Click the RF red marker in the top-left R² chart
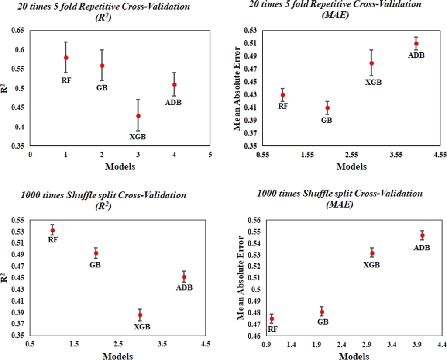coord(66,58)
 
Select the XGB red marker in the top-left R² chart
coord(138,116)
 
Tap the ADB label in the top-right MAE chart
coord(416,55)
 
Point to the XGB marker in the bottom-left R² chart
coord(140,315)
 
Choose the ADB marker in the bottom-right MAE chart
coord(422,235)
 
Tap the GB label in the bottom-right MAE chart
coord(322,322)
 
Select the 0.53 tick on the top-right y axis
coord(251,31)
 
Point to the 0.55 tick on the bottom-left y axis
coord(18,220)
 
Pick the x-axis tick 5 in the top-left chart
coord(210,154)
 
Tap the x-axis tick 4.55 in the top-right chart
coord(440,154)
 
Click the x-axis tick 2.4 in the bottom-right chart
coord(342,344)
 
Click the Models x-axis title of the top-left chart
coord(120,166)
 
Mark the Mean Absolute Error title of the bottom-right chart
coord(241,277)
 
